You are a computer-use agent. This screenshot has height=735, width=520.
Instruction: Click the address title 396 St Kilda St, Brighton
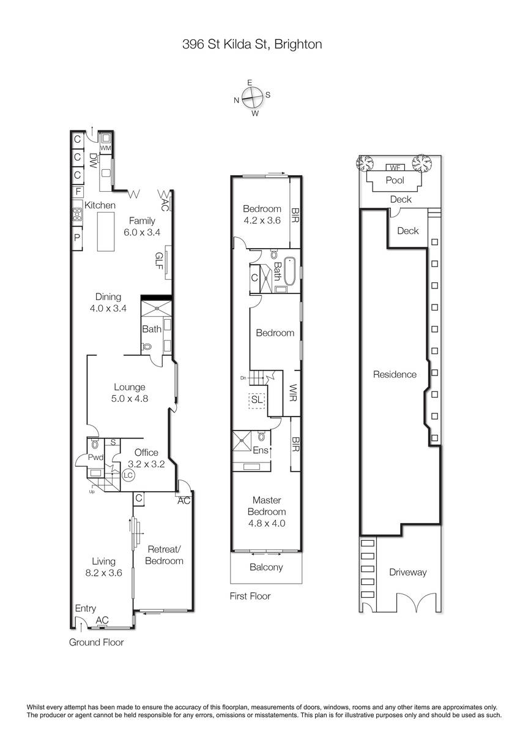[252, 44]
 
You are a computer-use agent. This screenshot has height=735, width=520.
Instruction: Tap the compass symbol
[252, 97]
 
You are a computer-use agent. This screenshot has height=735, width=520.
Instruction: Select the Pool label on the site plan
[395, 180]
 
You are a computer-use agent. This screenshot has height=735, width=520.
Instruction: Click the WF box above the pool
[395, 168]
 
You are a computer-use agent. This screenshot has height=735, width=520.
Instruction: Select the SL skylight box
[257, 400]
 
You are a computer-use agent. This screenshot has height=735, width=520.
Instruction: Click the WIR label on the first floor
[292, 393]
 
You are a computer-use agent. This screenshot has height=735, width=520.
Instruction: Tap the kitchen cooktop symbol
[77, 214]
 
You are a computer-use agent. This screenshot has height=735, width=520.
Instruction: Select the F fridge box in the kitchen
[78, 191]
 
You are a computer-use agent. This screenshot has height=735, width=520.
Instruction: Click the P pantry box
[77, 238]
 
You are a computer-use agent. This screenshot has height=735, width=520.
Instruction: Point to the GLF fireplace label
[159, 261]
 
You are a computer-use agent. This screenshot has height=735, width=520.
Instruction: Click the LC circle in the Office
[128, 475]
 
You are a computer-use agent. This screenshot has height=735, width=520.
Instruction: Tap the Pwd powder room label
[95, 457]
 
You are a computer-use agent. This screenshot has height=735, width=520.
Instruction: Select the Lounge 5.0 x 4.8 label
[130, 393]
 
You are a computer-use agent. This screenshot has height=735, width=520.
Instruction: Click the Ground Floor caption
[96, 642]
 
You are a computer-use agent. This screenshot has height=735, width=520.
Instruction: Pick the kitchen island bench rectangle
[105, 232]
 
